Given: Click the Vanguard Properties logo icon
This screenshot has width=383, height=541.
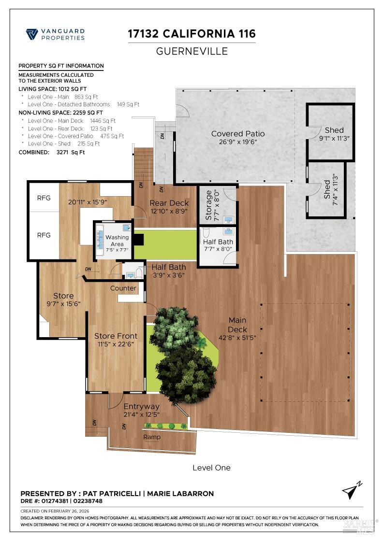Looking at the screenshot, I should pos(32,34).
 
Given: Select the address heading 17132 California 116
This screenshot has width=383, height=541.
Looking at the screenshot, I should pos(191,34).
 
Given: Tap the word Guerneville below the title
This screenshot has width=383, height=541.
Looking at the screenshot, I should pos(191,51).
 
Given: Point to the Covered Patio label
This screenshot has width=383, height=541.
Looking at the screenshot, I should pos(238,134).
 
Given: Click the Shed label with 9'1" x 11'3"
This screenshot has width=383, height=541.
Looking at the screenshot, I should pos(334,130).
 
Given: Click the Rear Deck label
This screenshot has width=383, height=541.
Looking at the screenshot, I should pos(169,203).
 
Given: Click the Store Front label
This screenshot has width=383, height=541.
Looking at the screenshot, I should pos(116,336).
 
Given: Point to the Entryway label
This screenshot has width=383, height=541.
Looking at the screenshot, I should pos(141,406).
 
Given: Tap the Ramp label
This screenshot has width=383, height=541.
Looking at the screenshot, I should pos(152,437).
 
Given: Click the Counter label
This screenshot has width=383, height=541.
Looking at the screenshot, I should pos(123,288).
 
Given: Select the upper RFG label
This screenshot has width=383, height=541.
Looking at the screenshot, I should pos(44,198).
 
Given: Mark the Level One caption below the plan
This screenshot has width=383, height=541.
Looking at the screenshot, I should pos(211,468).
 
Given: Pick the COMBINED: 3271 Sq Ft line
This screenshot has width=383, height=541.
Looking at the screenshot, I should pos(52,152).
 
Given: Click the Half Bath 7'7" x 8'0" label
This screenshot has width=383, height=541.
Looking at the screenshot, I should pos(218,242).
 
